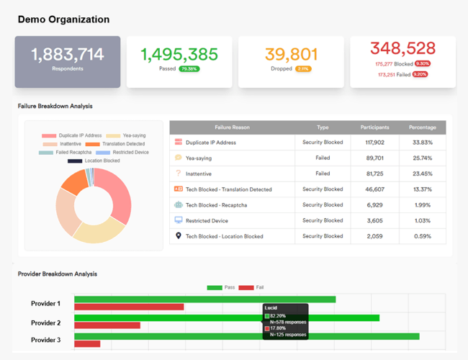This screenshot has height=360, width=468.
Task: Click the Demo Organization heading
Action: pyautogui.click(x=63, y=19)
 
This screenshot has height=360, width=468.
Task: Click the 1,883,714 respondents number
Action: pyautogui.click(x=68, y=54)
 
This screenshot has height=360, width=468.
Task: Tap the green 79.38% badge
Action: pyautogui.click(x=189, y=69)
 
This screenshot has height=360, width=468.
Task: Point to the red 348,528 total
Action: pyautogui.click(x=402, y=48)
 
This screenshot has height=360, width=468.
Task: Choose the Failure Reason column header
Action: pyautogui.click(x=232, y=127)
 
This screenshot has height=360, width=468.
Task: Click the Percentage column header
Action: pyautogui.click(x=422, y=127)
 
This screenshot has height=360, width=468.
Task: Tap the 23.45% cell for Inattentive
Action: pyautogui.click(x=422, y=174)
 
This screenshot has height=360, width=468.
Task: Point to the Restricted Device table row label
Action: pyautogui.click(x=207, y=220)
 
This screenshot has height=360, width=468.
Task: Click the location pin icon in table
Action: pyautogui.click(x=179, y=235)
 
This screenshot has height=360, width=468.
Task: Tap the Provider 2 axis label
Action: pyautogui.click(x=46, y=323)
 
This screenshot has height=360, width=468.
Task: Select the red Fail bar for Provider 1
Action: pyautogui.click(x=129, y=307)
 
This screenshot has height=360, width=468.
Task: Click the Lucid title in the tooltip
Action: pyautogui.click(x=271, y=307)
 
